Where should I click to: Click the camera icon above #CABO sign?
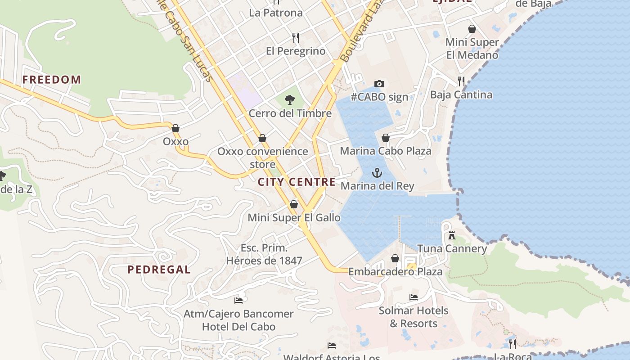tap(379, 84)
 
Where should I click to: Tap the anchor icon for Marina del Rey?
tap(377, 173)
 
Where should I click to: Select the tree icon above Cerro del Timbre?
tap(290, 100)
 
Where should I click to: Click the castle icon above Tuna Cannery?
tap(452, 235)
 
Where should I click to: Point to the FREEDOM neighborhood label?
tap(52, 80)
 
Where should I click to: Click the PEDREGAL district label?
tap(159, 270)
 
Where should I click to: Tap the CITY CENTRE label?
tap(297, 182)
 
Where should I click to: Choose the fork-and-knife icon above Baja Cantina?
tap(461, 81)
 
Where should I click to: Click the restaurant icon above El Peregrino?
tap(296, 37)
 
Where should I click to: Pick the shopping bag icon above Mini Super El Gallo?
tap(294, 204)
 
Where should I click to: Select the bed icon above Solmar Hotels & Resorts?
tap(413, 297)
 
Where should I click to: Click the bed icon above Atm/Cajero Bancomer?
tap(238, 300)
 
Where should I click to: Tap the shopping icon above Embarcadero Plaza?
tap(395, 258)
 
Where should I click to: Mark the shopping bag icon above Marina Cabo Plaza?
tap(386, 138)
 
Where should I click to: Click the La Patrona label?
tap(276, 13)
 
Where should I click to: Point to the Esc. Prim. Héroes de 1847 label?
tap(264, 254)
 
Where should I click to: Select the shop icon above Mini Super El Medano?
tap(472, 29)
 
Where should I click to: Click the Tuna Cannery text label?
tap(452, 248)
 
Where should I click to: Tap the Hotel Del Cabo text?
tap(238, 327)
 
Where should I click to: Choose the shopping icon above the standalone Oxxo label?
tap(175, 128)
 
